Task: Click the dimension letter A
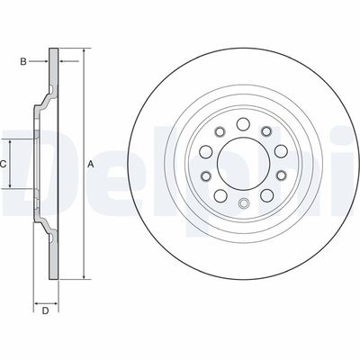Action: pyautogui.click(x=91, y=164)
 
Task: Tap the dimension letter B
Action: pyautogui.click(x=23, y=62)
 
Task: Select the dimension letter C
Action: pyautogui.click(x=3, y=164)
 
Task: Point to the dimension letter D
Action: pyautogui.click(x=45, y=311)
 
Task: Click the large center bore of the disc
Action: pyautogui.click(x=243, y=164)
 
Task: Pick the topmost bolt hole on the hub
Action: pyautogui.click(x=243, y=124)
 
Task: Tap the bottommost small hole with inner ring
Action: pyautogui.click(x=243, y=203)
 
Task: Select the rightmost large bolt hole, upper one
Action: pyautogui.click(x=282, y=151)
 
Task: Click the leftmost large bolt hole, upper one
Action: pyautogui.click(x=206, y=151)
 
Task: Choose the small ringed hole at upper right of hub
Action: pyautogui.click(x=266, y=130)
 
